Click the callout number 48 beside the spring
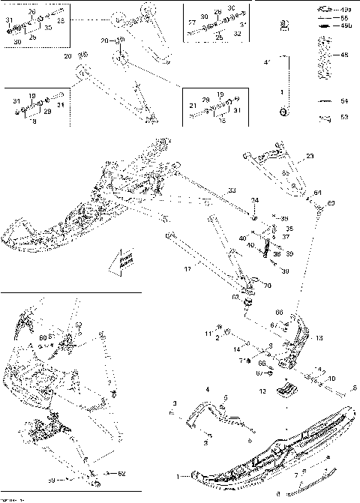pyautogui.click(x=345, y=55)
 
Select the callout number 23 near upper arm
pyautogui.click(x=310, y=156)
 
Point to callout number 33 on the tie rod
pyautogui.click(x=232, y=190)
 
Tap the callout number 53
pyautogui.click(x=345, y=117)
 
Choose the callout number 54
pyautogui.click(x=345, y=100)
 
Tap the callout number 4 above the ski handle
pyautogui.click(x=208, y=389)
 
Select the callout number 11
pyautogui.click(x=209, y=332)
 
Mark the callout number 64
pyautogui.click(x=317, y=193)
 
